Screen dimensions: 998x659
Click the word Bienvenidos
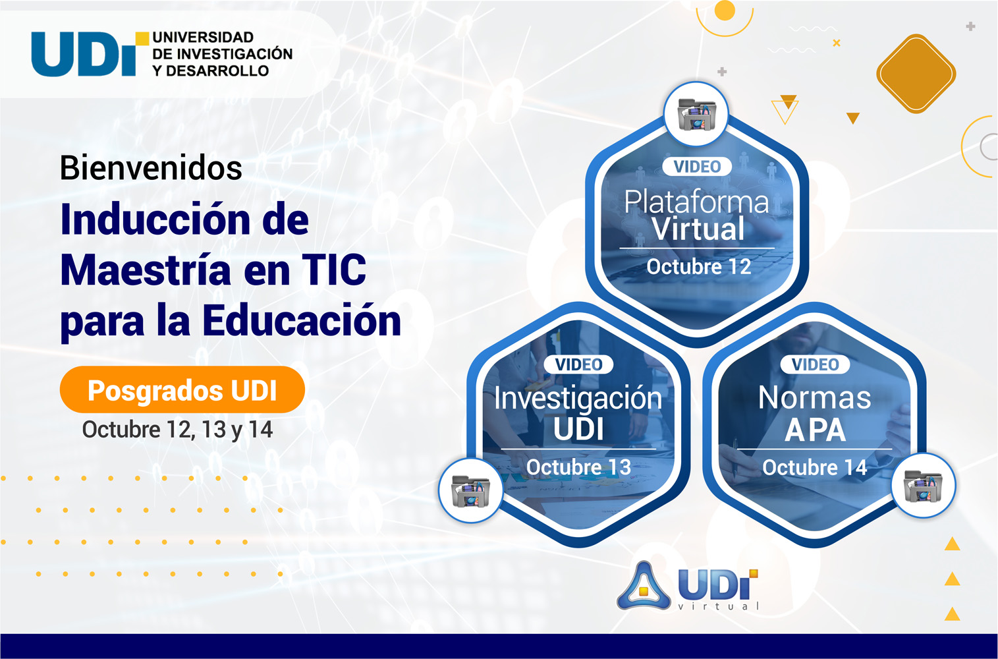[x=151, y=168]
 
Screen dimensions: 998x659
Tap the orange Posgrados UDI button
[x=182, y=390]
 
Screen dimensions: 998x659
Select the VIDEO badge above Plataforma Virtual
[x=697, y=167]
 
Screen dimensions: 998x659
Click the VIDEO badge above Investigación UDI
[x=578, y=364]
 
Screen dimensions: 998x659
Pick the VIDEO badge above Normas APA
[x=815, y=364]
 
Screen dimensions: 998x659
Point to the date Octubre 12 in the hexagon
[x=698, y=266]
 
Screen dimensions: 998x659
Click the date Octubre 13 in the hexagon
[x=578, y=467]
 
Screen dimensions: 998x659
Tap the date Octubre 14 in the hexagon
[x=814, y=467]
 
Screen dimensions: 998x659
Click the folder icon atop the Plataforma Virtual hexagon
[x=696, y=114]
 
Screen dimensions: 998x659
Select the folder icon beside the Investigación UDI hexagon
[x=471, y=490]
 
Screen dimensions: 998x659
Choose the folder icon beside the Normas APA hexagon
[x=924, y=485]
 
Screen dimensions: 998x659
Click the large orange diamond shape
[x=916, y=74]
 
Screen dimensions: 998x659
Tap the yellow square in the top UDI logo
[x=142, y=38]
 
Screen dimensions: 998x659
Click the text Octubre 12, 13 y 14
[x=177, y=430]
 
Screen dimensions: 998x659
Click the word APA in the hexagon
[x=815, y=430]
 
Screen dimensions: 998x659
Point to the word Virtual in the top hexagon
[x=698, y=229]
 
